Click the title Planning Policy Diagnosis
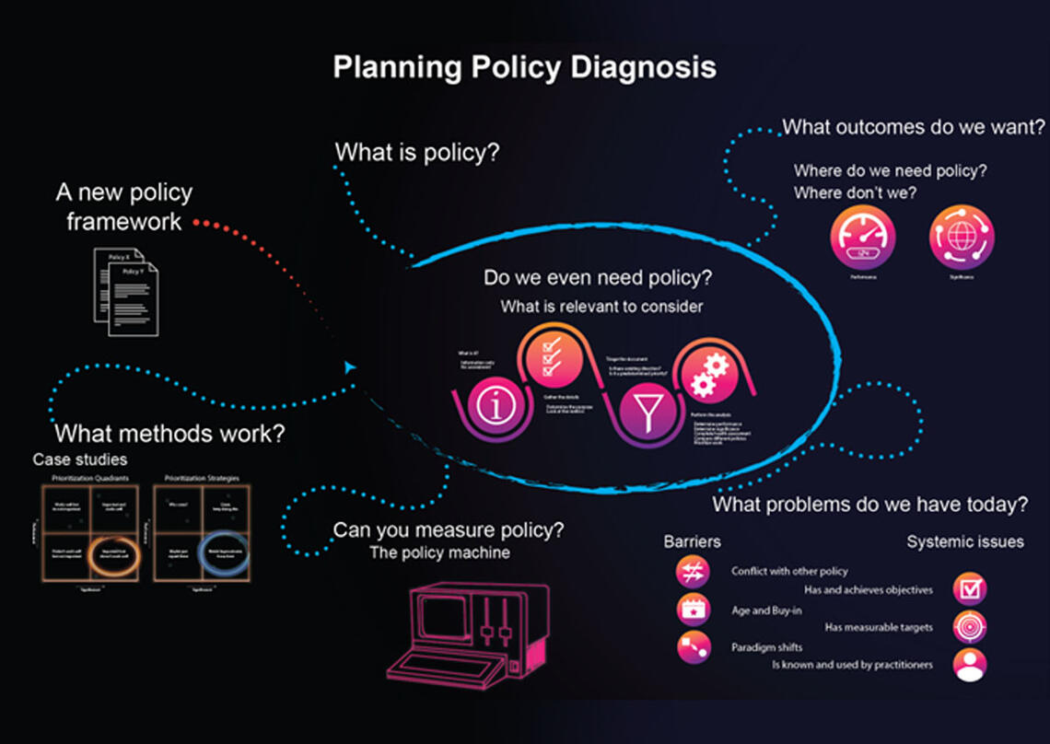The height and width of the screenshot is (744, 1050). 524,68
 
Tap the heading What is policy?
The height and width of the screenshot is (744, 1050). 416,152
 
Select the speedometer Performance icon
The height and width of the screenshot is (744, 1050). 863,237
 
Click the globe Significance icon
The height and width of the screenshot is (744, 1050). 962,237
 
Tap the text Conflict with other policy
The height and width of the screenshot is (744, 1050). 789,572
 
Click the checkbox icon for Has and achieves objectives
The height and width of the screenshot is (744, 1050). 970,588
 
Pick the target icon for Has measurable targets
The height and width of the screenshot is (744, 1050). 970,627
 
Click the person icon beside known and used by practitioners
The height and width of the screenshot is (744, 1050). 970,665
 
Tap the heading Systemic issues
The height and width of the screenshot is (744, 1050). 964,541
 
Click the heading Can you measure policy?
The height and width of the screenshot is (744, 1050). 448,530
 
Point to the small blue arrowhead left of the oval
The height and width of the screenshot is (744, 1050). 349,367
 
